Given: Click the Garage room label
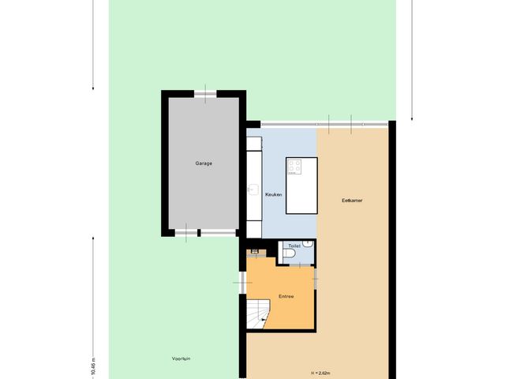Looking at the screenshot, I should tap(204, 163).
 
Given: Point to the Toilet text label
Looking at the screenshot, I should tap(294, 246).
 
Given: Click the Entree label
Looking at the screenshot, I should tap(286, 297).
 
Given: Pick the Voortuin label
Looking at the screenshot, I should tap(181, 358).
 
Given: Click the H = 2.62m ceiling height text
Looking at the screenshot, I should tap(320, 372).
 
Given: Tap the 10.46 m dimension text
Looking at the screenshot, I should tap(92, 364).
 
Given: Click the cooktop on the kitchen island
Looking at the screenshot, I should tap(295, 167).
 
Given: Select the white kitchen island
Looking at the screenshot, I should tap(301, 193).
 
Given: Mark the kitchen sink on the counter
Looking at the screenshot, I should tap(254, 189).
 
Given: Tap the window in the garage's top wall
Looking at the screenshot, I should tap(204, 94).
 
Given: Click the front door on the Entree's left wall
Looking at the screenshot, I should tap(243, 282).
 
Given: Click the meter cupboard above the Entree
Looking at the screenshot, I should tap(255, 252).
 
